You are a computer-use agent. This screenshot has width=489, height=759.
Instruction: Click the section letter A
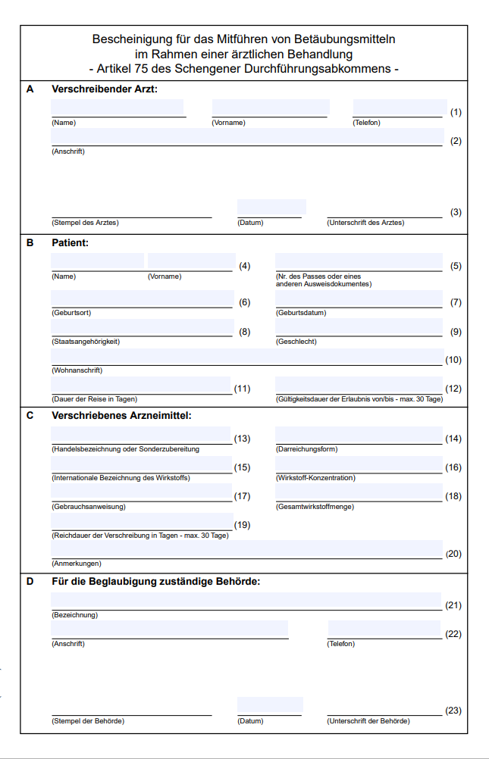click(x=30, y=89)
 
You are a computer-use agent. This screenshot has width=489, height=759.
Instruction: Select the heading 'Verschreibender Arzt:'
click(x=105, y=89)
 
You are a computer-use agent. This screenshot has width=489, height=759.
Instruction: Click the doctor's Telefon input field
click(x=400, y=107)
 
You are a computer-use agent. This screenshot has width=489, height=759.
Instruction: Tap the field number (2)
click(x=456, y=141)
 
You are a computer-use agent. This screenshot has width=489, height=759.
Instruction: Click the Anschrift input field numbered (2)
click(x=247, y=136)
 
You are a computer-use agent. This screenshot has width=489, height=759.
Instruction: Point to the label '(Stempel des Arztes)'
click(x=85, y=223)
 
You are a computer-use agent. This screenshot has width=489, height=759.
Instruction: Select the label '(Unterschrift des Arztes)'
click(x=365, y=223)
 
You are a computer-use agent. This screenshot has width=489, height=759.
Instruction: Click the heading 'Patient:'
click(x=71, y=243)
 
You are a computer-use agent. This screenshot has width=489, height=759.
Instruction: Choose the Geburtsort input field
click(x=143, y=298)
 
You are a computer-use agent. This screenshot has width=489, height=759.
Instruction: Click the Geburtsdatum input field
click(x=359, y=298)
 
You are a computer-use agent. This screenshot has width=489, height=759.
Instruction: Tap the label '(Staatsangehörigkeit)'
click(x=86, y=342)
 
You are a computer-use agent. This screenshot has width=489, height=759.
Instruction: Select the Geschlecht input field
click(x=359, y=327)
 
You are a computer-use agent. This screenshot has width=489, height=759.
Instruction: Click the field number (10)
click(x=453, y=360)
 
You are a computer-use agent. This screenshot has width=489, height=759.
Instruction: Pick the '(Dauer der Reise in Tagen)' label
click(x=95, y=399)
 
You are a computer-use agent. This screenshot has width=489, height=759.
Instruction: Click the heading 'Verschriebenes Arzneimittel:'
click(x=121, y=415)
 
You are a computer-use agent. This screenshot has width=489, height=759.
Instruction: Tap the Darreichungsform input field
click(x=359, y=435)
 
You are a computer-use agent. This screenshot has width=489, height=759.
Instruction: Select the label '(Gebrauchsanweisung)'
click(x=89, y=507)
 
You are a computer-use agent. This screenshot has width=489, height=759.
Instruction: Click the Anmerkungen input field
click(x=247, y=548)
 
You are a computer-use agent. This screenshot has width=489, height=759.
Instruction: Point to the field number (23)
click(x=453, y=711)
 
